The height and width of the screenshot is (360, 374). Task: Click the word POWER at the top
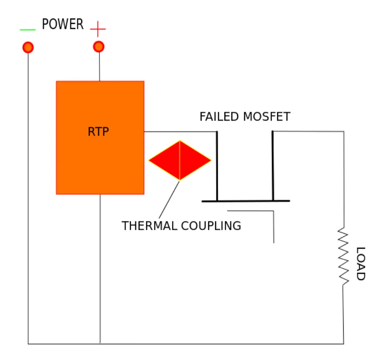[x=62, y=25]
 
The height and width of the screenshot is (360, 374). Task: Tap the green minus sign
[x=27, y=30]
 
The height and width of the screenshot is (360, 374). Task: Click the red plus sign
[x=98, y=29]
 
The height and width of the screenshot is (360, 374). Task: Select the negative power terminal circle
[x=28, y=47]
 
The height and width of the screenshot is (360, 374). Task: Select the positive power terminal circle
[x=99, y=47]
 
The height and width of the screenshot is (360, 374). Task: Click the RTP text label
[x=98, y=132]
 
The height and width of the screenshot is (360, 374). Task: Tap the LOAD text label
[x=360, y=264]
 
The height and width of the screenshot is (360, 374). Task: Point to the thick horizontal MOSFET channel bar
[x=246, y=201]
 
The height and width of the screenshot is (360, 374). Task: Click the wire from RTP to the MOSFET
[x=180, y=132]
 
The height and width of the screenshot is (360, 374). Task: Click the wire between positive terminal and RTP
[x=99, y=66]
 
